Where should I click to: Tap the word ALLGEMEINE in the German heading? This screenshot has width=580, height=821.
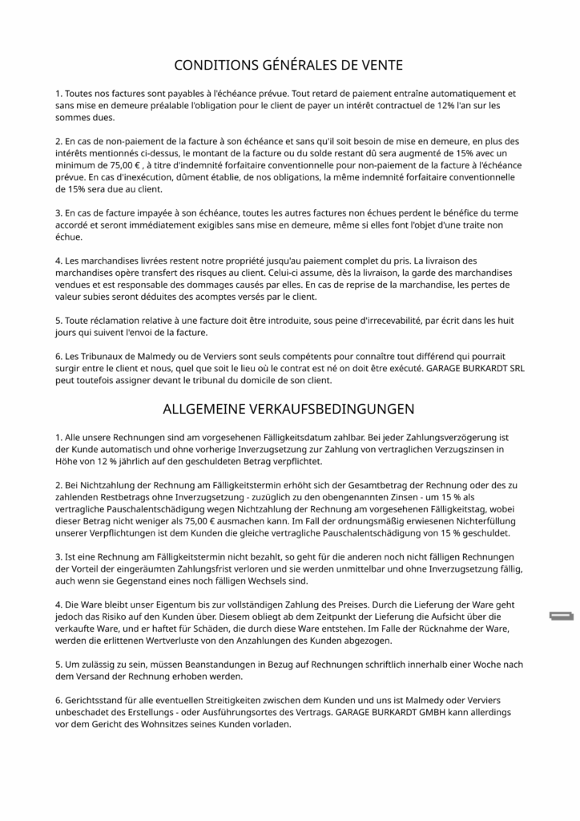tap(203, 409)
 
